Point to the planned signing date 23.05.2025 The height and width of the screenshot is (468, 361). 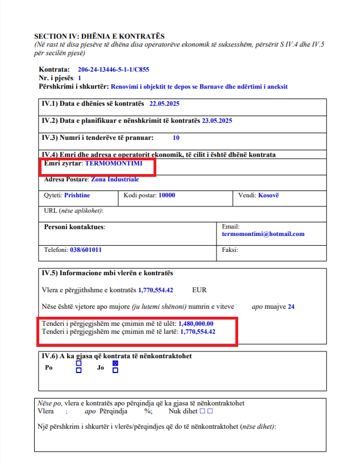click(x=217, y=121)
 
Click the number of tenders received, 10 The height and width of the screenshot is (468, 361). click(x=176, y=138)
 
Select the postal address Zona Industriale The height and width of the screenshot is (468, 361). click(x=115, y=179)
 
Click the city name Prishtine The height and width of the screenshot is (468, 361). click(x=77, y=195)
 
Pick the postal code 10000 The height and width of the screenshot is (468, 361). click(x=167, y=195)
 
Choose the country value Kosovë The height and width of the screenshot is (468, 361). click(x=268, y=195)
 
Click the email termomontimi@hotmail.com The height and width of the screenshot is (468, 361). click(x=263, y=234)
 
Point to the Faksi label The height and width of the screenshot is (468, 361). click(x=230, y=250)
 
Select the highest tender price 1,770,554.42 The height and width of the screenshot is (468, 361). click(x=198, y=332)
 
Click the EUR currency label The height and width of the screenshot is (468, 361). click(x=200, y=289)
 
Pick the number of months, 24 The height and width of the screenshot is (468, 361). click(x=291, y=307)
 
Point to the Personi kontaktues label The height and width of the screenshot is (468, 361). click(x=74, y=227)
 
